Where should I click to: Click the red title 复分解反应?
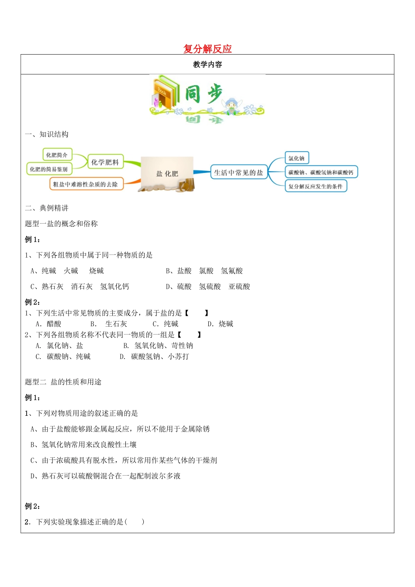[207, 49]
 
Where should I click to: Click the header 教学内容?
[207, 65]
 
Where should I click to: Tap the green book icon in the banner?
[166, 93]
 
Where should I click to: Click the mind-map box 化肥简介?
[57, 155]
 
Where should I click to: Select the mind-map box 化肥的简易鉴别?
[48, 169]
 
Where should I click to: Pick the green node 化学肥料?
[105, 162]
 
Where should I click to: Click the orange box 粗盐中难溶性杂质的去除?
[86, 184]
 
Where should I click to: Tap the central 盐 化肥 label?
[167, 173]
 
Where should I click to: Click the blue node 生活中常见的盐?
[239, 173]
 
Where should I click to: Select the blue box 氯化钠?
[296, 158]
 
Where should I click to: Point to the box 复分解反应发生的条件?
[315, 186]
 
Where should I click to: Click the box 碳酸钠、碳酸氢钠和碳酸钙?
[321, 172]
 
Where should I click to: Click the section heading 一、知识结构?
[47, 135]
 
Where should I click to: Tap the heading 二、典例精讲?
[47, 208]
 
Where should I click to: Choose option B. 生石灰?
[109, 324]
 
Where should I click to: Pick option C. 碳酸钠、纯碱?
[63, 357]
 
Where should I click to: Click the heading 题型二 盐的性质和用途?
[63, 382]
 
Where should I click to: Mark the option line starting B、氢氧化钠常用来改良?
[83, 445]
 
